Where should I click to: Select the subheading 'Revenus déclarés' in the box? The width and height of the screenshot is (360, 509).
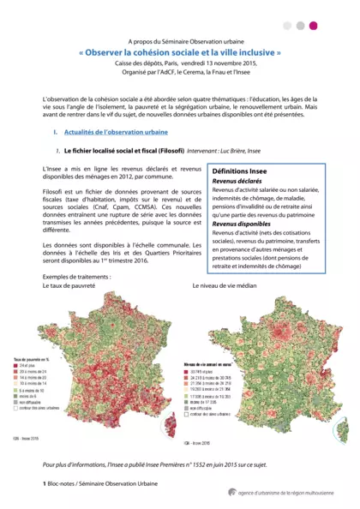pyautogui.click(x=237, y=182)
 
